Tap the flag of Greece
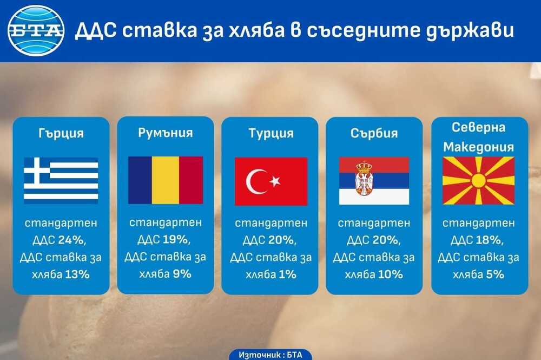[x=61, y=180]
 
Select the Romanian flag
[x=165, y=180]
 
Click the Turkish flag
[x=271, y=181]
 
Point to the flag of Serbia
[x=374, y=181]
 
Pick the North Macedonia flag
[x=478, y=180]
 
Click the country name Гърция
[x=61, y=133]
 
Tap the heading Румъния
[x=165, y=133]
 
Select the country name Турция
[x=271, y=133]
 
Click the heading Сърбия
[x=374, y=133]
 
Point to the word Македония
[x=479, y=147]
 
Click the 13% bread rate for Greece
[x=77, y=274]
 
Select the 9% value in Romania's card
[x=182, y=274]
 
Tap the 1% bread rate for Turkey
[x=287, y=274]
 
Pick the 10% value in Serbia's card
[x=391, y=274]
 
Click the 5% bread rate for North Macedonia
[x=495, y=274]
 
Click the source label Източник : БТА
[x=270, y=355]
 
